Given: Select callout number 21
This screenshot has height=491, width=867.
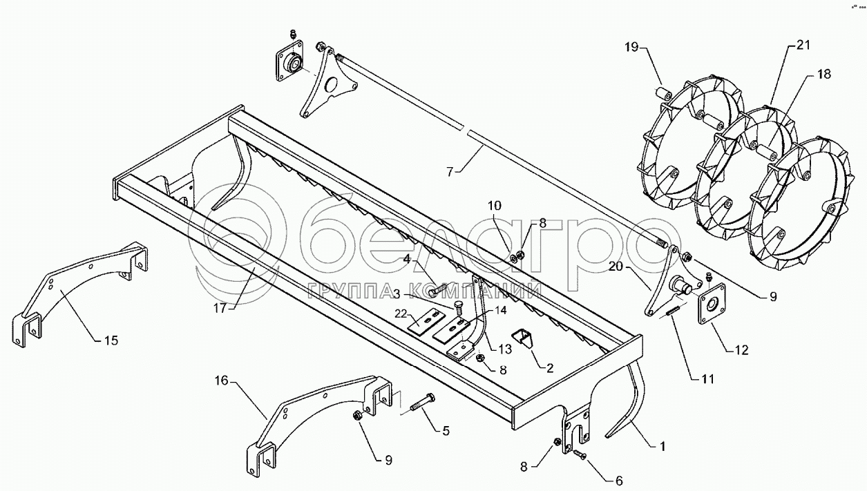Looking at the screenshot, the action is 802,46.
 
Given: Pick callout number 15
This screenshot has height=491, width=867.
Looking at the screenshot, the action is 111,340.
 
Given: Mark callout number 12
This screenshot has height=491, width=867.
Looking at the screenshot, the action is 741,351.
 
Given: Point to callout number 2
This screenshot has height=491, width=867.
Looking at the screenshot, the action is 549,368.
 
